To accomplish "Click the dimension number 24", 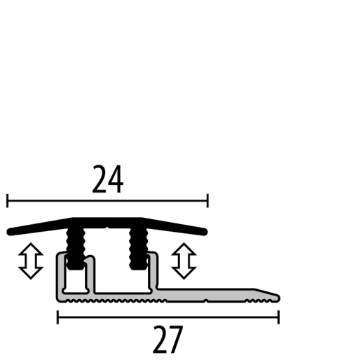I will click(107, 179).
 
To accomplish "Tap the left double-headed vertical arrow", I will click(30, 261).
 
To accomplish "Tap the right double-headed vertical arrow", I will click(184, 261).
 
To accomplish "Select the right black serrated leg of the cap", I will click(136, 247).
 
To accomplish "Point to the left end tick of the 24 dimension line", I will click(7, 202).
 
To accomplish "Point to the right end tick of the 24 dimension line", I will click(207, 202).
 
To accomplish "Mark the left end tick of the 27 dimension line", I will click(57, 317).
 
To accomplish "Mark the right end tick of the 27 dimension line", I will click(278, 317).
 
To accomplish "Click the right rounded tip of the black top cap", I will click(205, 230).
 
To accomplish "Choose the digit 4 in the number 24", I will click(116, 179).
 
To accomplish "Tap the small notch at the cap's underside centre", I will click(106, 228).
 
